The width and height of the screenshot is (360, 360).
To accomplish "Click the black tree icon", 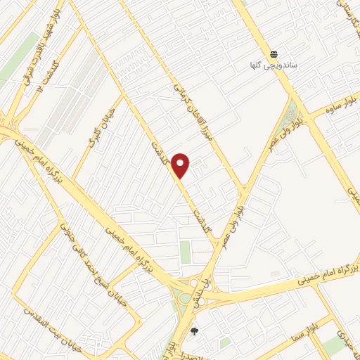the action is [195, 330].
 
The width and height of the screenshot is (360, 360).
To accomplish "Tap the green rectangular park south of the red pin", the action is [186, 252].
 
